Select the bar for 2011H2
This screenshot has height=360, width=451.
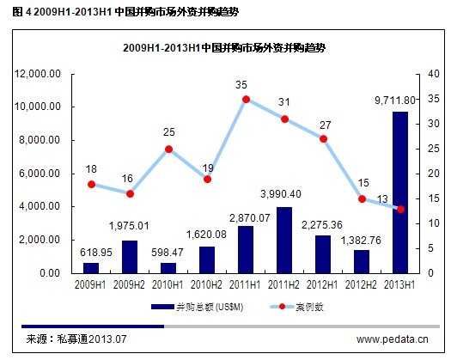pyautogui.click(x=284, y=240)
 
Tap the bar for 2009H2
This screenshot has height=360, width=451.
pyautogui.click(x=130, y=256)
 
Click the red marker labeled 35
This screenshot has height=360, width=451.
pyautogui.click(x=246, y=99)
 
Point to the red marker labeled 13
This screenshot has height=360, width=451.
pyautogui.click(x=400, y=209)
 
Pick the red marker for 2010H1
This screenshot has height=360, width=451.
pyautogui.click(x=168, y=149)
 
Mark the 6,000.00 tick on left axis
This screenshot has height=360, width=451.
pyautogui.click(x=40, y=174)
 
